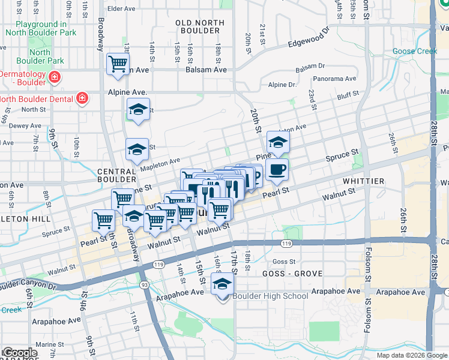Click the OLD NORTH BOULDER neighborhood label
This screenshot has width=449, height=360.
pyautogui.click(x=200, y=28)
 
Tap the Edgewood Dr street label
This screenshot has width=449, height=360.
pyautogui.click(x=309, y=37)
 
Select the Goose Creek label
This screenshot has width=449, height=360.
pyautogui.click(x=415, y=51)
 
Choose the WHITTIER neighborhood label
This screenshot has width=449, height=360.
pyautogui.click(x=363, y=181)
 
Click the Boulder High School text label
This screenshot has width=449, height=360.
pyautogui.click(x=270, y=296)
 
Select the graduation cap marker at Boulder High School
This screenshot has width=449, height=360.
pyautogui.click(x=222, y=284)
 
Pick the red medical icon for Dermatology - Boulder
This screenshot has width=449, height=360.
pyautogui.click(x=54, y=76)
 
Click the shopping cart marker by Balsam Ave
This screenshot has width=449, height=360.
pyautogui.click(x=118, y=64)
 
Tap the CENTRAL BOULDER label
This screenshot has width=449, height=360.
pyautogui.click(x=118, y=175)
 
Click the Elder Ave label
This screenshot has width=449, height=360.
pyautogui.click(x=122, y=8)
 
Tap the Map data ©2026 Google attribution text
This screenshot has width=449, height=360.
pyautogui.click(x=412, y=355)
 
